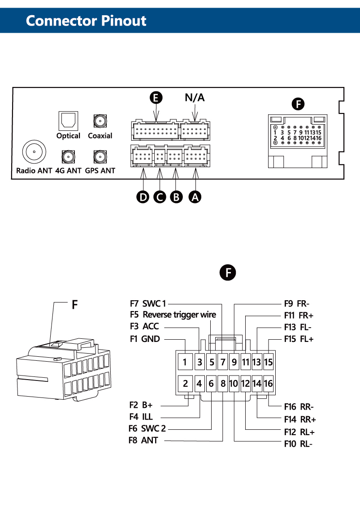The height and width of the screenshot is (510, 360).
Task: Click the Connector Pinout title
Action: (x=86, y=21)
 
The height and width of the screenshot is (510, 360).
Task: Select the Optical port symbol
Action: (x=68, y=120)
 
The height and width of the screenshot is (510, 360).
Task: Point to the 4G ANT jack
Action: (x=68, y=156)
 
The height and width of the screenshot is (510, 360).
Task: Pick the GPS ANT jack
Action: (x=100, y=156)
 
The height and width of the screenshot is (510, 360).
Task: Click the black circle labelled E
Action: (x=156, y=98)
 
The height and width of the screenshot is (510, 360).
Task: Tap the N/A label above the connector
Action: (x=195, y=98)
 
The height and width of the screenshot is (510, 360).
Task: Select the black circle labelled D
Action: (x=143, y=196)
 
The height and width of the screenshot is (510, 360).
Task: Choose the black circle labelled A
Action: (x=195, y=196)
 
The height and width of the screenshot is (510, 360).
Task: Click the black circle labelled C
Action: (x=160, y=196)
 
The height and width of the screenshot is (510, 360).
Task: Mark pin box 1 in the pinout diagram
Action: (x=185, y=361)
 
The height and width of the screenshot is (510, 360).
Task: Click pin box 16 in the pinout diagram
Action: (x=268, y=384)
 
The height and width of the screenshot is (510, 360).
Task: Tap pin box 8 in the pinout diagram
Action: (x=223, y=384)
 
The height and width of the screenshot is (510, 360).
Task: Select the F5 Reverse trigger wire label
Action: (x=173, y=315)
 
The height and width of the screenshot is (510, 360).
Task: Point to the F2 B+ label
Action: (x=141, y=405)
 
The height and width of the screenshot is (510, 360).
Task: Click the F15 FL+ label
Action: (x=299, y=339)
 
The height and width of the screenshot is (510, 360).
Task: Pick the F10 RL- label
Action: (x=298, y=444)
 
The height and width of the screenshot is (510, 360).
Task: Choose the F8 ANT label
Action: (x=143, y=441)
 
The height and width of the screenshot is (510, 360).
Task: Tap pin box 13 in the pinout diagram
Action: (x=257, y=361)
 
